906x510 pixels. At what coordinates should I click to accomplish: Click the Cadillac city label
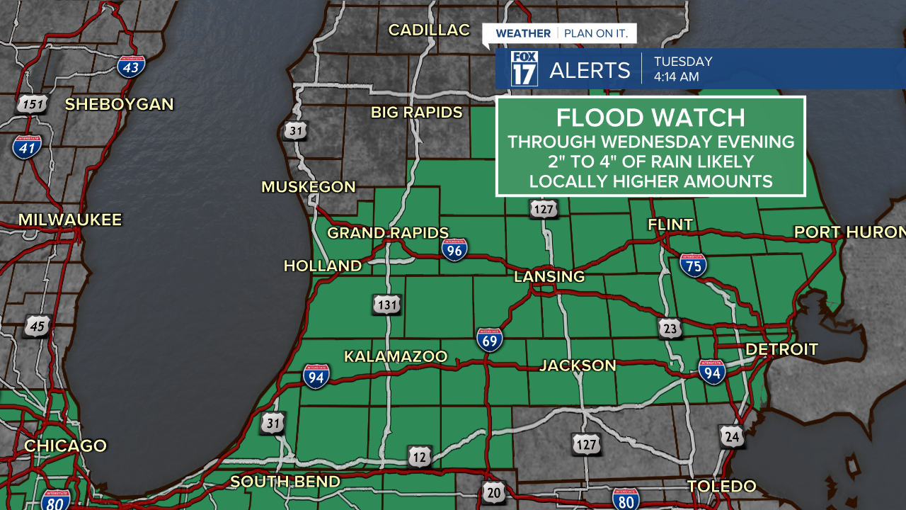(x=429, y=30)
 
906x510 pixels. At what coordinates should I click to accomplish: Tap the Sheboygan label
(x=119, y=104)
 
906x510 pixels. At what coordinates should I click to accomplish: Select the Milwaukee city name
(x=70, y=220)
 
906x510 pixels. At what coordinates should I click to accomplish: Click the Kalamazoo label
(x=396, y=356)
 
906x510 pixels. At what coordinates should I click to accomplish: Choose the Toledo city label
(x=722, y=486)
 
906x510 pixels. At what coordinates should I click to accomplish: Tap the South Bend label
(x=285, y=482)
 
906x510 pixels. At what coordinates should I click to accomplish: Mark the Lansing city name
(x=549, y=276)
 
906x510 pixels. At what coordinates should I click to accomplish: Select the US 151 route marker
(x=32, y=105)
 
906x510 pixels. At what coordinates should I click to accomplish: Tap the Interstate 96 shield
(x=454, y=249)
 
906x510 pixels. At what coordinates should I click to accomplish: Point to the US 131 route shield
(x=386, y=305)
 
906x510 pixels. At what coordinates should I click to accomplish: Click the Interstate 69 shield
(x=490, y=340)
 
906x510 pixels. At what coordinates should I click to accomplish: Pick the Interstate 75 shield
(x=693, y=264)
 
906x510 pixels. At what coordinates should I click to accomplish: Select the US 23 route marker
(x=670, y=328)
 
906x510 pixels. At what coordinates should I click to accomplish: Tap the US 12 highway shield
(x=420, y=458)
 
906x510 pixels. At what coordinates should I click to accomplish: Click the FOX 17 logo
(x=524, y=69)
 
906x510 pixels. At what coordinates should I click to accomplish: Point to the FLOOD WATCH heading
(x=650, y=118)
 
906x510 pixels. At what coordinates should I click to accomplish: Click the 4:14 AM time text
(x=676, y=76)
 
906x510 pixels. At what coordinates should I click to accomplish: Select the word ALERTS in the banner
(x=590, y=70)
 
